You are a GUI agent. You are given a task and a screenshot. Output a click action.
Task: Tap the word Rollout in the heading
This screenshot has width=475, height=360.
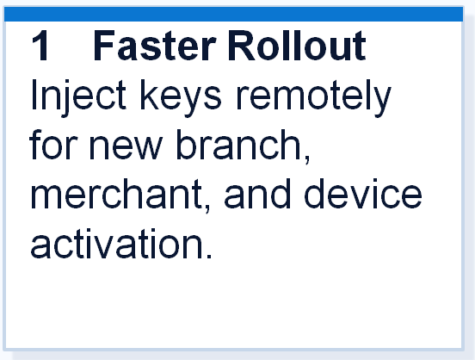297,46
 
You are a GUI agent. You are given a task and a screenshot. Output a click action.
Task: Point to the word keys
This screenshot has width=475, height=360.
181,97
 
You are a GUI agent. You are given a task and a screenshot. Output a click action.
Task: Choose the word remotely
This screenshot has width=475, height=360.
314,97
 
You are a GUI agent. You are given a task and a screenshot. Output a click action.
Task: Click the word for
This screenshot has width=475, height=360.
53,145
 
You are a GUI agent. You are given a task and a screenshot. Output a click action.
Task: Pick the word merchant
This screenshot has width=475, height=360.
116,194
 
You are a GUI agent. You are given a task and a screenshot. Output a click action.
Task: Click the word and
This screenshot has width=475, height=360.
257,194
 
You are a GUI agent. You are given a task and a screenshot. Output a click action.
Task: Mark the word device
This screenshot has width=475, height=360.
363,194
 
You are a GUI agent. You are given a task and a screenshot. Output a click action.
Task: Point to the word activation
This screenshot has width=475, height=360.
117,244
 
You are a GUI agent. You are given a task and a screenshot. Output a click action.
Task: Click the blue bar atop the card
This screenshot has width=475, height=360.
233,15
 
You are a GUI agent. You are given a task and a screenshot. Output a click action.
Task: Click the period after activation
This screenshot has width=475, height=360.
208,256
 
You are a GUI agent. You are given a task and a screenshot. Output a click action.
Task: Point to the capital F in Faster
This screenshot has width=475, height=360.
104,46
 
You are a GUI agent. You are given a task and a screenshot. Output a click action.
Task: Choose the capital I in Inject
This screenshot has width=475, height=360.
33,95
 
